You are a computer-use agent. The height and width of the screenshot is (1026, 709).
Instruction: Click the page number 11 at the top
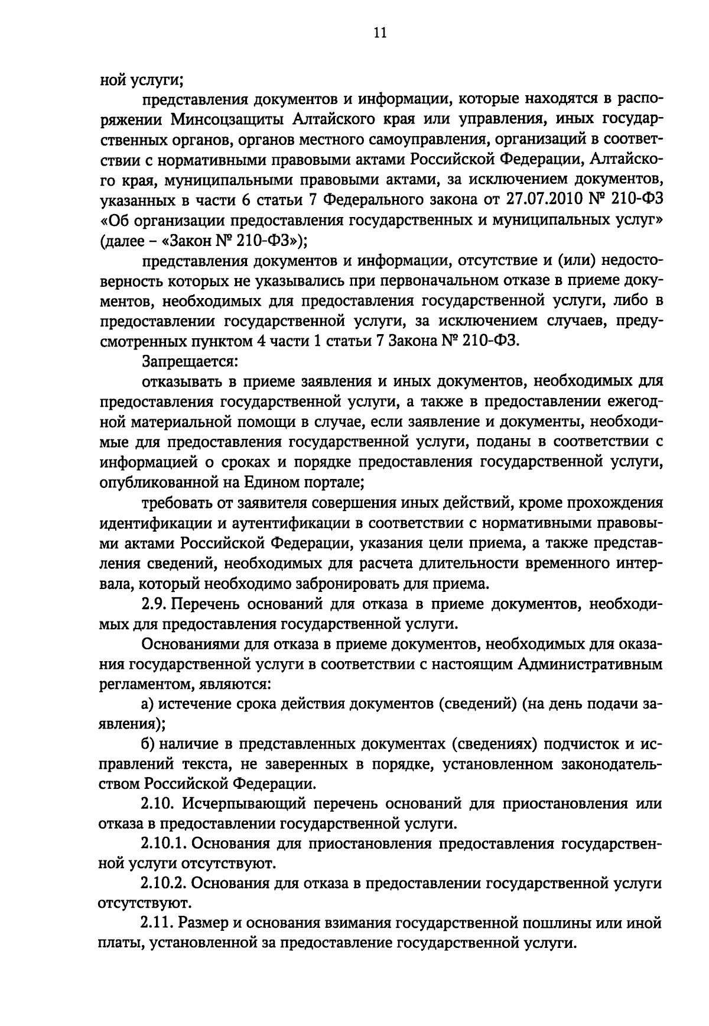point(380,33)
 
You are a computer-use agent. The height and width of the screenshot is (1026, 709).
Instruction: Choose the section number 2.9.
point(155,604)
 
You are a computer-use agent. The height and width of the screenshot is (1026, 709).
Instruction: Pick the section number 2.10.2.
point(163,884)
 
